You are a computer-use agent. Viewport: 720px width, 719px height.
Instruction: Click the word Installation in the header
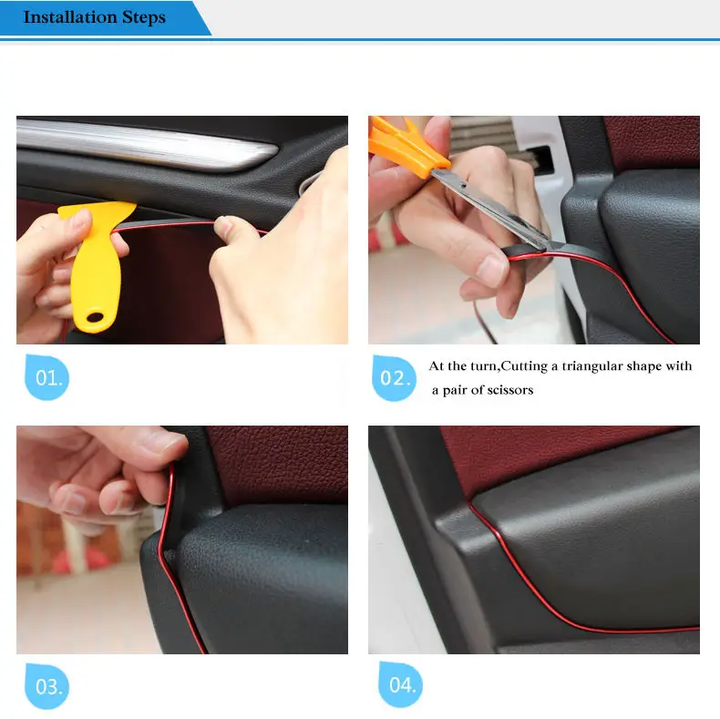pos(70,17)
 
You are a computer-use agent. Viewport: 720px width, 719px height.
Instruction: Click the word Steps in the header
pos(144,18)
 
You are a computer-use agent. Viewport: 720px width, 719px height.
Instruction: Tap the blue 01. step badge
pos(46,377)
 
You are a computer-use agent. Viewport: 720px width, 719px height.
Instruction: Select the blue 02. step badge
pos(394,378)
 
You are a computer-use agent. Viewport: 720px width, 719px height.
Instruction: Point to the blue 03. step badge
pos(46,686)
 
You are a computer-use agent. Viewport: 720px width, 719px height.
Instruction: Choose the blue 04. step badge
pos(400,684)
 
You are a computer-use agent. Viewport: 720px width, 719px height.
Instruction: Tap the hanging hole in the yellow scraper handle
pos(95,317)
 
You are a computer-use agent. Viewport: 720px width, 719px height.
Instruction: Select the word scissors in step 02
pos(510,390)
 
